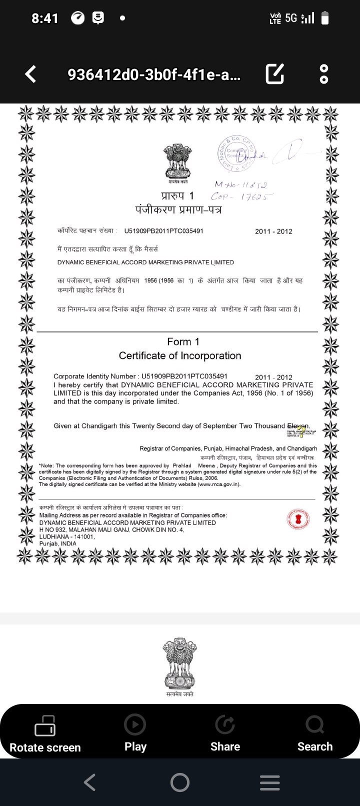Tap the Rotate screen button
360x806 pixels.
tap(45, 733)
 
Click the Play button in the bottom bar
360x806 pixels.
tap(135, 733)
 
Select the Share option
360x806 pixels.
tap(225, 733)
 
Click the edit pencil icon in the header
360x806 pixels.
tap(275, 74)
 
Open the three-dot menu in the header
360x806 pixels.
tap(324, 74)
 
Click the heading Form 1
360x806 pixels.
tap(183, 342)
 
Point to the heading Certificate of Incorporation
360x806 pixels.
tap(180, 356)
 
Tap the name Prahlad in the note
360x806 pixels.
tap(182, 465)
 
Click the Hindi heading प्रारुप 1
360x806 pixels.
tap(177, 195)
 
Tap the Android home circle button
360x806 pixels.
tap(180, 782)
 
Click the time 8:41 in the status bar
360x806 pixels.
tap(45, 18)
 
